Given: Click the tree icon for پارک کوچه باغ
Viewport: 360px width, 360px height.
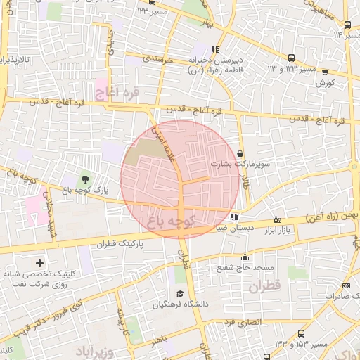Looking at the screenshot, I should click(x=85, y=179).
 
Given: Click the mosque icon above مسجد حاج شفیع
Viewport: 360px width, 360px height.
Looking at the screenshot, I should click(x=245, y=257).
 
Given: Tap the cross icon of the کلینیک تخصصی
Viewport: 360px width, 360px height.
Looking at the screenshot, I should click(x=39, y=263).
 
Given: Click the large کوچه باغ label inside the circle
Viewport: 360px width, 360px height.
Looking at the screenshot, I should click(x=172, y=222).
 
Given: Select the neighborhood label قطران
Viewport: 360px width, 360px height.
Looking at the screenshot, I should click(x=264, y=286).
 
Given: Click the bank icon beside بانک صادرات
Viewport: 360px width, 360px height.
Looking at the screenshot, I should click(x=346, y=285).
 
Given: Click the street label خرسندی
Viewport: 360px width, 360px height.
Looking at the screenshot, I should click(x=157, y=62).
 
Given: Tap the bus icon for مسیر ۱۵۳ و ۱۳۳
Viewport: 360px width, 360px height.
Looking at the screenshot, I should click(x=302, y=333).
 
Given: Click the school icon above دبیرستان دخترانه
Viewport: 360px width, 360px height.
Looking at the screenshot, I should click(x=215, y=49).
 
